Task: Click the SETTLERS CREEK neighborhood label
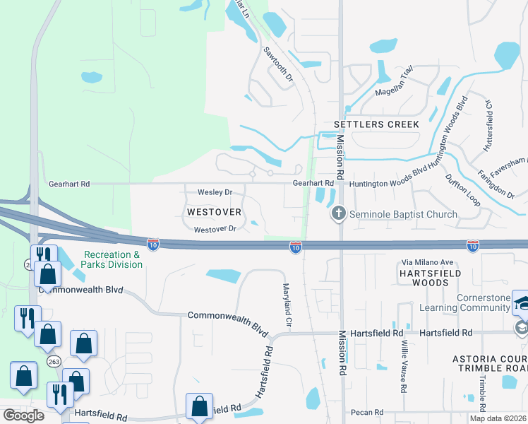tap(376, 124)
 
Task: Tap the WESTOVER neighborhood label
tap(214, 212)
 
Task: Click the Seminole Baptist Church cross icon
tap(339, 213)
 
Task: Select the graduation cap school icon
tap(521, 302)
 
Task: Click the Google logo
tap(23, 416)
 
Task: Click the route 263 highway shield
tap(54, 361)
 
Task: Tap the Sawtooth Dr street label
tap(278, 64)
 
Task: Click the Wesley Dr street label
tap(215, 192)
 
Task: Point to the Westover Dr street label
tap(220, 229)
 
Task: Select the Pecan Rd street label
tap(368, 412)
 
